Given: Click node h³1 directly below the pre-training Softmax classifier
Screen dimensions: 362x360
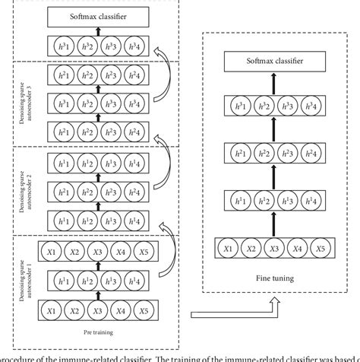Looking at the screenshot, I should tap(64, 45).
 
